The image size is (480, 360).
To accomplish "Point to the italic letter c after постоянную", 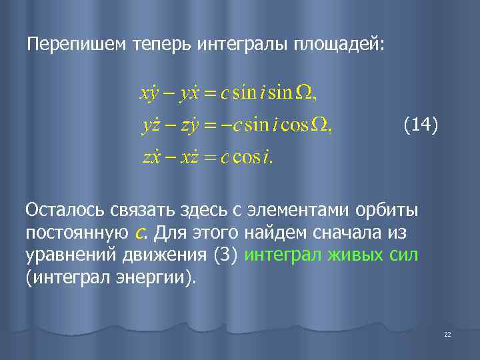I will [x=141, y=233].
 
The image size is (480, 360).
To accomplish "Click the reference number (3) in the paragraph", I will [x=227, y=255].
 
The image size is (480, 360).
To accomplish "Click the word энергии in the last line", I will [x=151, y=277].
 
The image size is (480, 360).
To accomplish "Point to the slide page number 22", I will [x=447, y=334].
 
